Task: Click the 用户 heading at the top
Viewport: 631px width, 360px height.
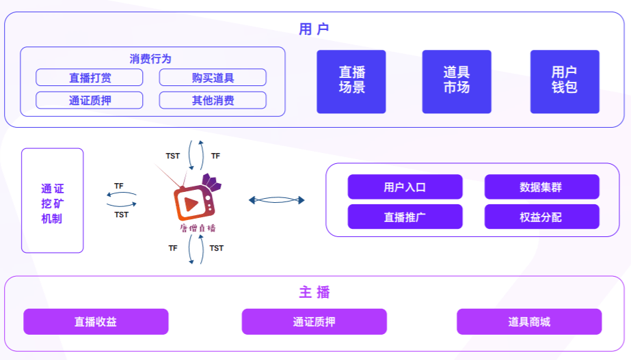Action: [x=314, y=29]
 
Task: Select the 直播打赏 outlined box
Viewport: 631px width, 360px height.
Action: [x=90, y=78]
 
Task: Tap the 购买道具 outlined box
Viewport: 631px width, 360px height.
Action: [x=213, y=78]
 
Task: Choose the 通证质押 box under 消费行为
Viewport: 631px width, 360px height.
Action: [x=90, y=100]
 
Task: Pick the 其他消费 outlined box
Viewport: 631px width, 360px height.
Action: [x=213, y=100]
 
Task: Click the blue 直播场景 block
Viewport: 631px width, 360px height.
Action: [x=351, y=81]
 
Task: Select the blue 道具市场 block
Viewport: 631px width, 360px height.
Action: [x=457, y=81]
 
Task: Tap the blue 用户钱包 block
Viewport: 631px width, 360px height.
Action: [x=565, y=81]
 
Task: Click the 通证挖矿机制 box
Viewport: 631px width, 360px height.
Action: [x=52, y=201]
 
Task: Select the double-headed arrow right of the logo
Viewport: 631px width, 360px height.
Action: [x=276, y=200]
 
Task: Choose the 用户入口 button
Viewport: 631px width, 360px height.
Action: [x=405, y=187]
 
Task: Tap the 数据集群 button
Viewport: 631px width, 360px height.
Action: [x=541, y=187]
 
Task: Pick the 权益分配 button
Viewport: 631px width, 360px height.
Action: [x=541, y=217]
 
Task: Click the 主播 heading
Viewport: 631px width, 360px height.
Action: [x=314, y=292]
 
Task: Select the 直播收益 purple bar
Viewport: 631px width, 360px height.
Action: [x=96, y=322]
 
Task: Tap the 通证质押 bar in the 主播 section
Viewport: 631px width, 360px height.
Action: [x=314, y=322]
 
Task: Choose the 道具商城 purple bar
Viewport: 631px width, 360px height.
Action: [x=529, y=322]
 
